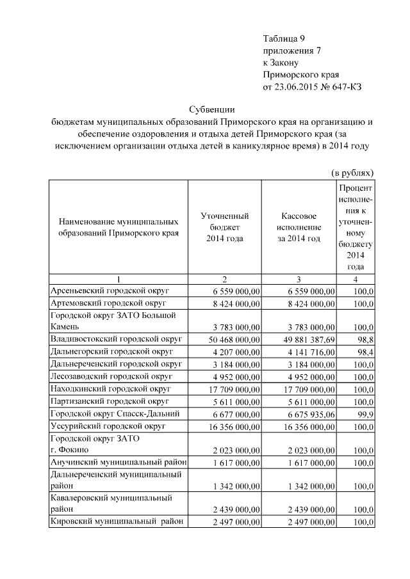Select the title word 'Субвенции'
coord(212,109)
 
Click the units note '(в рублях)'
coord(352,173)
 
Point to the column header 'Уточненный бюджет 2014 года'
coord(224,227)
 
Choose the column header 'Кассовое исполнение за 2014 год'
coord(299,227)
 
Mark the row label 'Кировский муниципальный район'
coord(118,521)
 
